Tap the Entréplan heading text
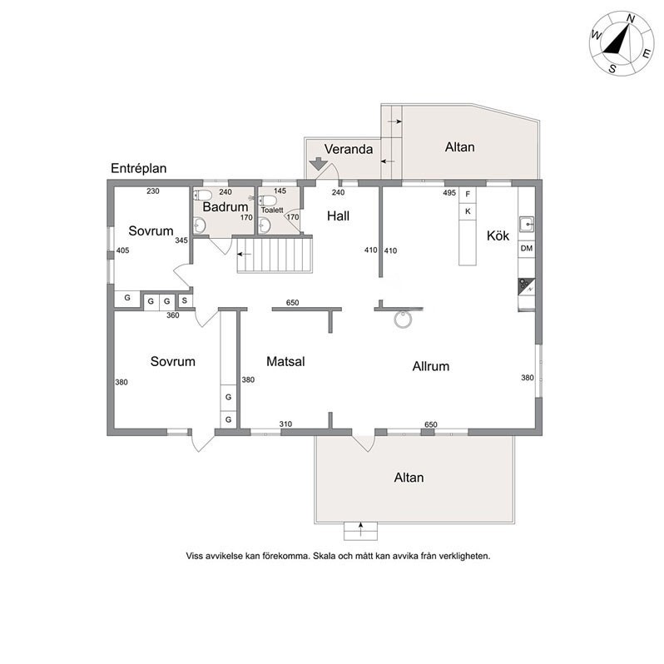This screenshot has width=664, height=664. (x=139, y=168)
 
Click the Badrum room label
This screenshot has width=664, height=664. (x=225, y=207)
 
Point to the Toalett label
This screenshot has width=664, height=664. (x=272, y=211)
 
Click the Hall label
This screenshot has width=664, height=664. (x=338, y=216)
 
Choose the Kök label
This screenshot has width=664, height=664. (x=498, y=235)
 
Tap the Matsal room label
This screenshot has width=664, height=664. (x=285, y=362)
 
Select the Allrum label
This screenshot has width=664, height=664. (x=431, y=365)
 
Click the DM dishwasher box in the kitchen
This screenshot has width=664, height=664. (x=526, y=249)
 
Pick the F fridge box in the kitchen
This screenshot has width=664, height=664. (x=468, y=194)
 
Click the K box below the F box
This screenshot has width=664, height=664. (x=468, y=211)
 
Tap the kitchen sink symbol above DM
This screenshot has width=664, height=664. (x=526, y=224)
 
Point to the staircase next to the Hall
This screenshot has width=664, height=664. (x=275, y=254)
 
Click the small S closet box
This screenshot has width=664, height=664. (x=184, y=300)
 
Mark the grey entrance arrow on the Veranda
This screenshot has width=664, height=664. (x=319, y=166)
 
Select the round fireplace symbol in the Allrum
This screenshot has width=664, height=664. (x=402, y=319)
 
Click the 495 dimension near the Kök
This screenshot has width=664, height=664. (x=449, y=193)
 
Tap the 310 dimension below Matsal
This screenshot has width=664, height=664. (x=285, y=424)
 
